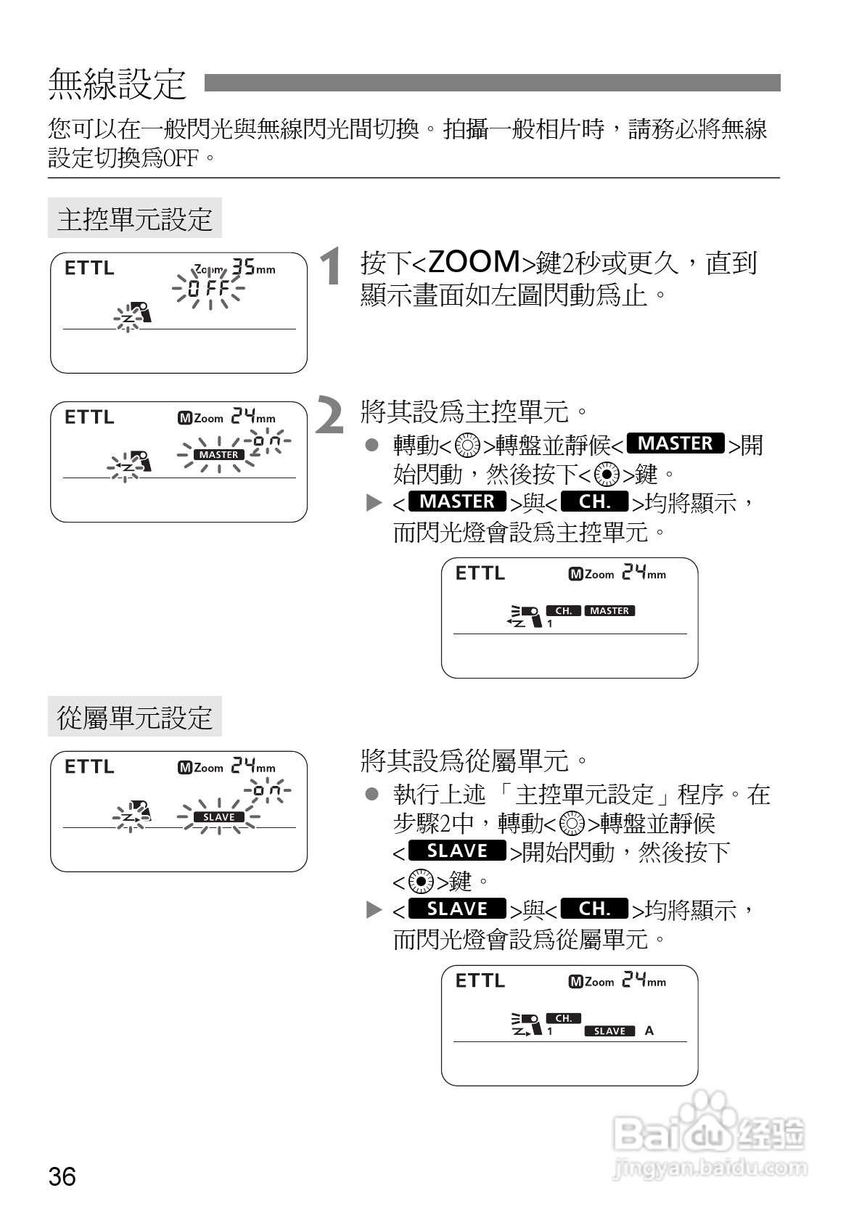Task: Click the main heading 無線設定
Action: click(x=118, y=83)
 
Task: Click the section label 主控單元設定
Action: click(x=135, y=218)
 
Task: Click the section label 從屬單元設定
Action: click(x=135, y=718)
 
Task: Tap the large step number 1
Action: click(x=331, y=266)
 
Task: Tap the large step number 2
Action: click(x=330, y=417)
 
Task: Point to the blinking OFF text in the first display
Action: click(x=208, y=289)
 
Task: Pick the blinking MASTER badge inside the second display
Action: click(x=219, y=455)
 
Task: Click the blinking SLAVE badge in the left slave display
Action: click(x=219, y=817)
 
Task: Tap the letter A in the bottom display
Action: click(x=649, y=1030)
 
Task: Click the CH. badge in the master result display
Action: click(x=563, y=611)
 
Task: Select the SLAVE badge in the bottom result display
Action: click(x=609, y=1031)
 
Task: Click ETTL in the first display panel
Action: click(x=89, y=269)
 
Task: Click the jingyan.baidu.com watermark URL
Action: click(x=710, y=1168)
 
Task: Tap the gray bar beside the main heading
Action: click(x=492, y=83)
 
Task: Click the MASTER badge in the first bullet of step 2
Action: click(x=675, y=443)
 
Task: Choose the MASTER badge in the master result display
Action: click(x=609, y=611)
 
